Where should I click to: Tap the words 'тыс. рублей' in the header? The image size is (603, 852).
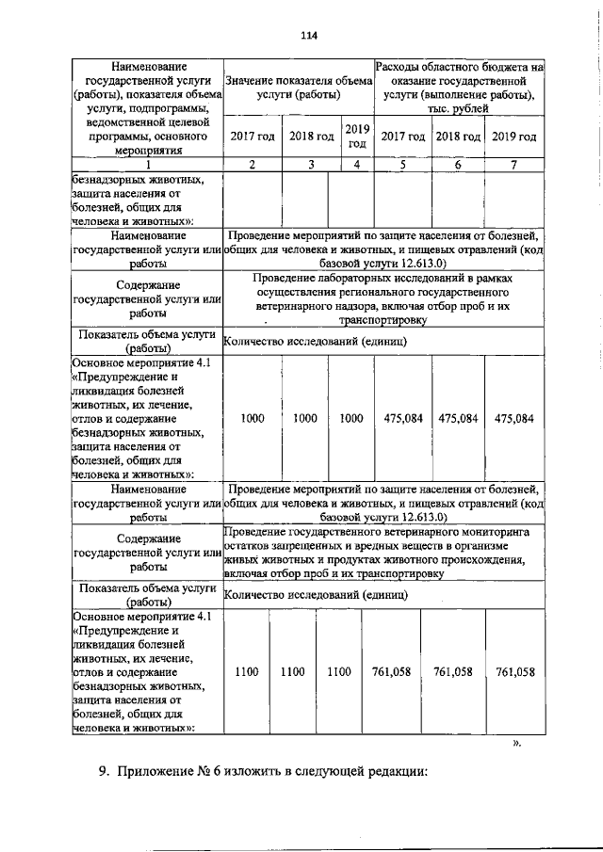459,110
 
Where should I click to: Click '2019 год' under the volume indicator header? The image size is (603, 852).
356,137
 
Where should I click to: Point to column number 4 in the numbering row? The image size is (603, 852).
356,165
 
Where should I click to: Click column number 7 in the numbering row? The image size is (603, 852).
514,165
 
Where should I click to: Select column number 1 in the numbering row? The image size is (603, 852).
146,165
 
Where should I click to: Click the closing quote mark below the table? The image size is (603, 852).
515,743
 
